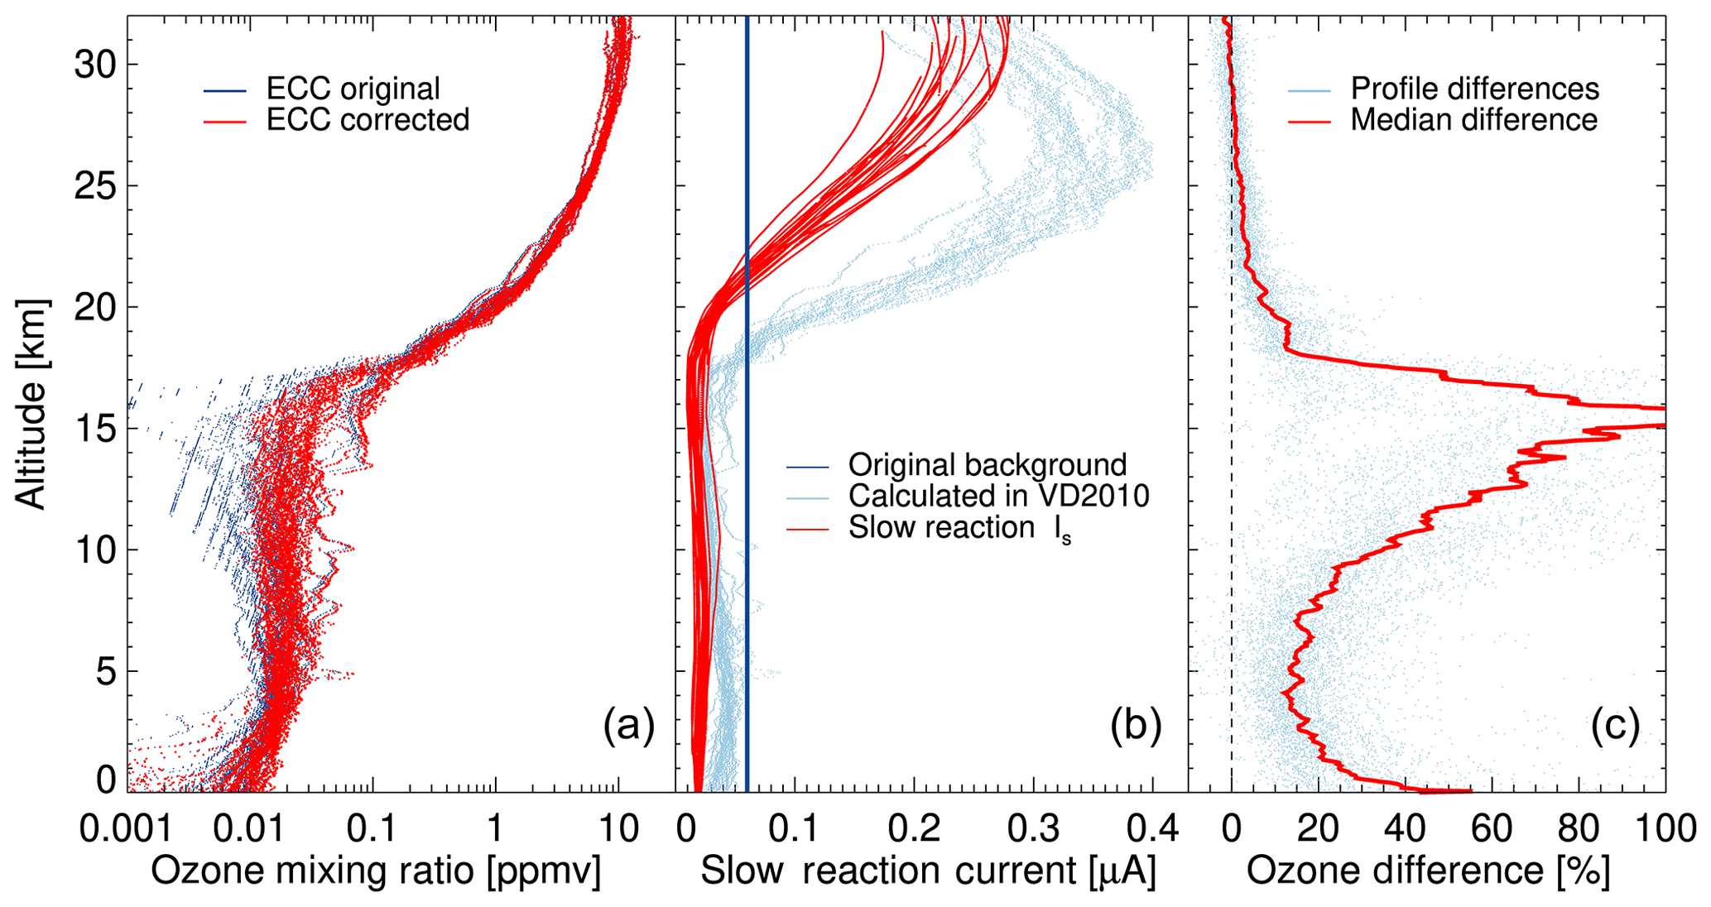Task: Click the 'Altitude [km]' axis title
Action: point(31,404)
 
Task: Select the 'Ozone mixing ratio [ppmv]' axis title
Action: point(375,871)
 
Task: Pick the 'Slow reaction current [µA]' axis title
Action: point(928,871)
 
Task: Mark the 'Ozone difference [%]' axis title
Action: point(1428,871)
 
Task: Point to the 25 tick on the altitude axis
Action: point(94,185)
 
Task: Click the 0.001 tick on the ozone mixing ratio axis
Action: point(127,828)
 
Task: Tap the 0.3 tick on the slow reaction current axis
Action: point(1035,828)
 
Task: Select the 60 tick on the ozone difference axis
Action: point(1492,828)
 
